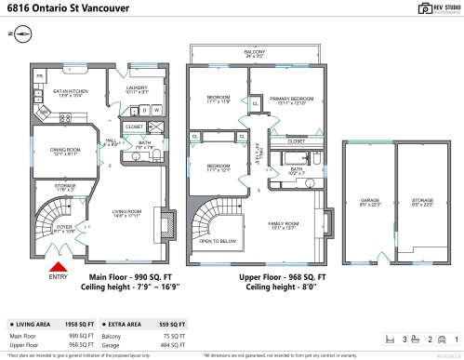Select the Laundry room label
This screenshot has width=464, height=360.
tap(137, 89)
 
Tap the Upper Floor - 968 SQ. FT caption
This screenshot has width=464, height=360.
tap(284, 277)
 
